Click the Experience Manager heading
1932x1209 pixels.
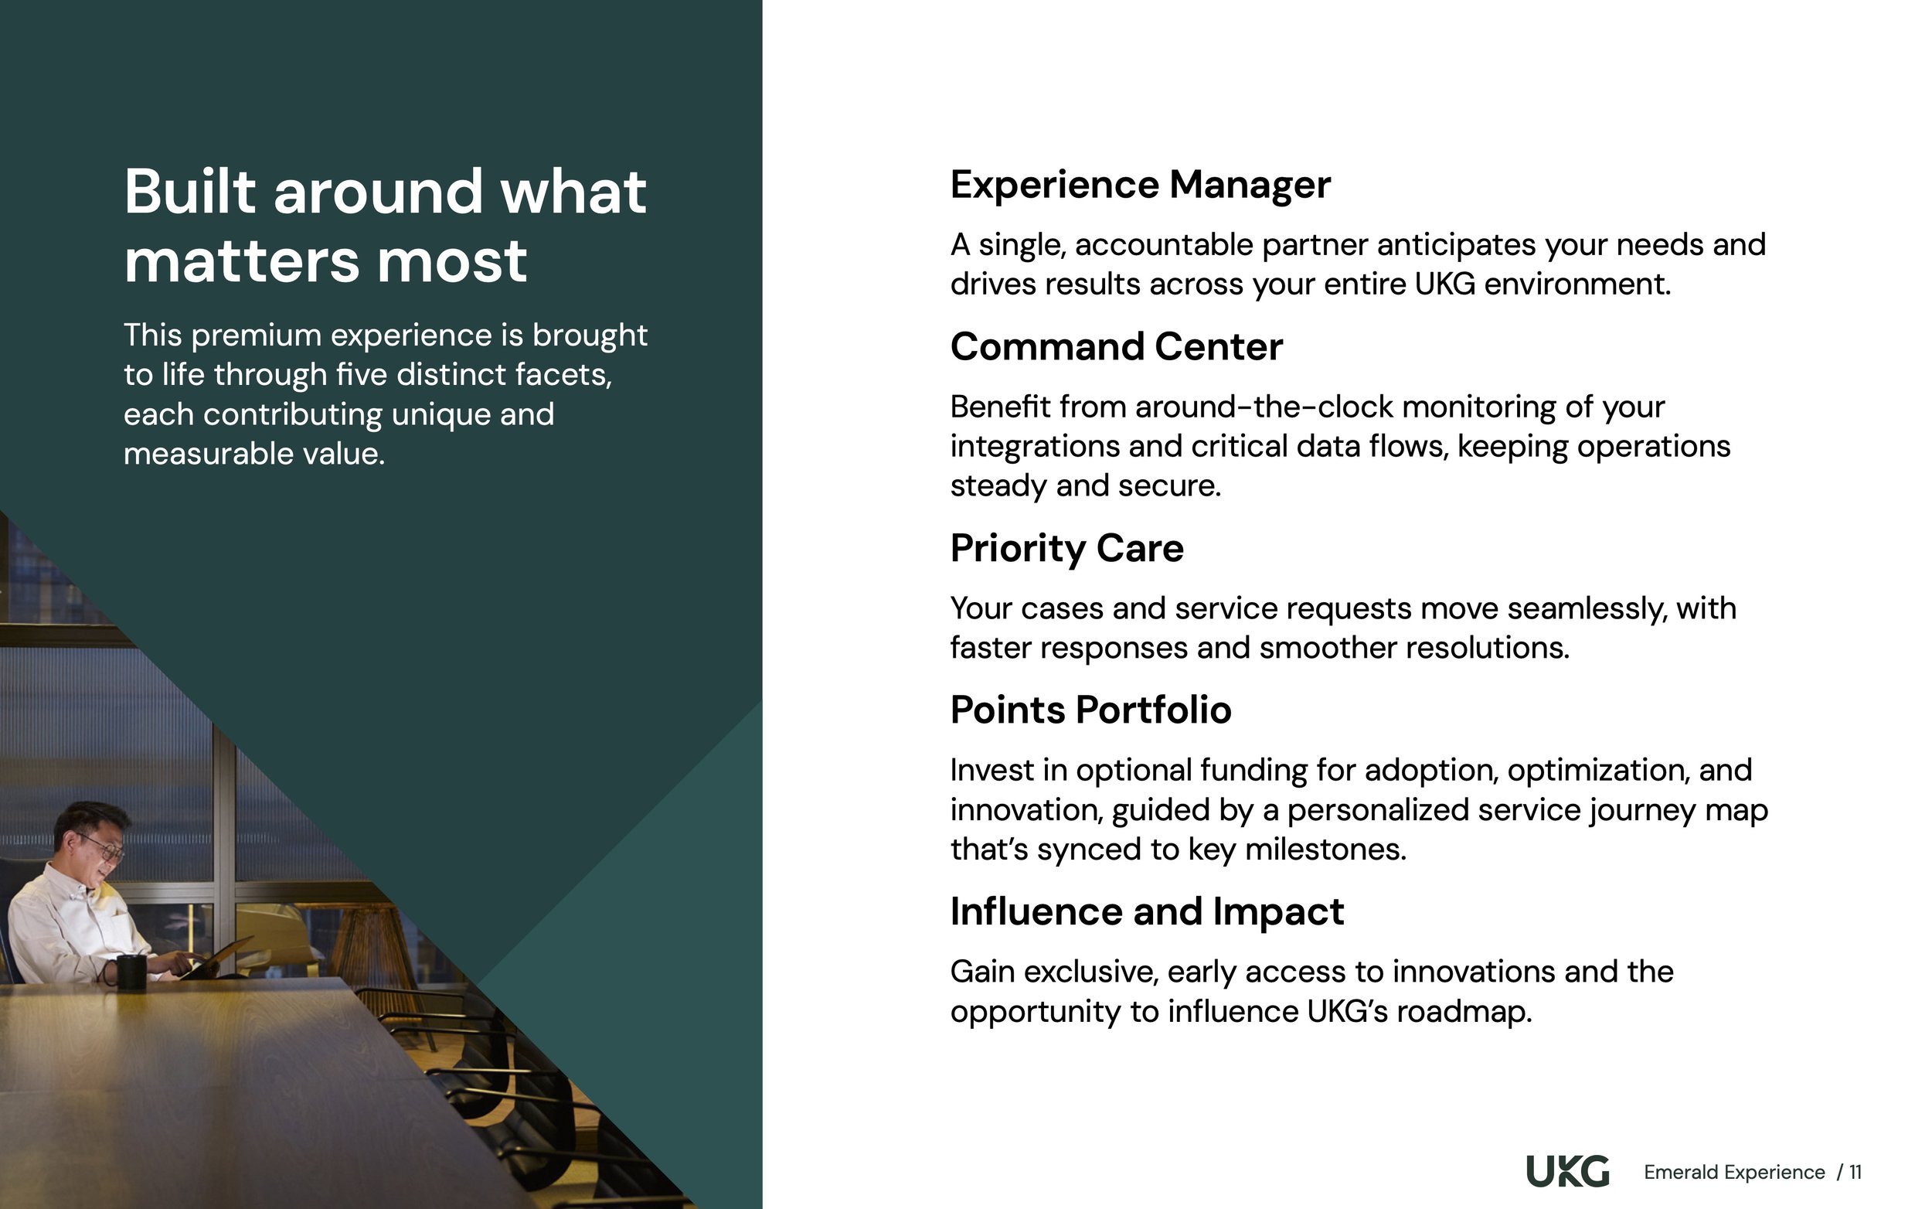tap(1140, 185)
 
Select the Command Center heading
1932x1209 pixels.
tap(1116, 347)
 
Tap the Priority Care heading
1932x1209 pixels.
tap(1066, 549)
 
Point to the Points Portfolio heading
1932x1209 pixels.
tap(1090, 710)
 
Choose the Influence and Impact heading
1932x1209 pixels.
tap(1147, 911)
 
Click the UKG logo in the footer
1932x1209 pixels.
tap(1566, 1171)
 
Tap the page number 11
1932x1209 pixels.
tap(1855, 1172)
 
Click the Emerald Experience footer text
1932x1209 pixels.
tap(1733, 1172)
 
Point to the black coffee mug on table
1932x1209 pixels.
tap(131, 972)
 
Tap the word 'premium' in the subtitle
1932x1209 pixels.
tap(256, 335)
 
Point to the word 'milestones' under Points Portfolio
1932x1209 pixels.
tap(1325, 850)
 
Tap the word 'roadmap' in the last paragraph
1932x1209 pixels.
tap(1464, 1013)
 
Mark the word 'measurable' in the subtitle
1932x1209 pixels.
tap(208, 455)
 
